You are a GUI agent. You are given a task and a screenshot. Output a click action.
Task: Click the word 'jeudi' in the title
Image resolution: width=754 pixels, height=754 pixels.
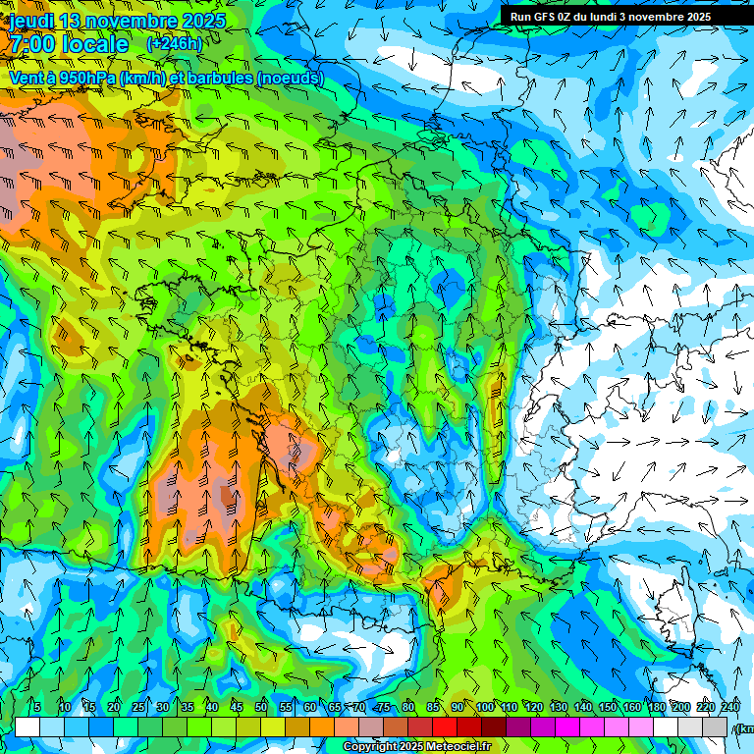tap(31, 21)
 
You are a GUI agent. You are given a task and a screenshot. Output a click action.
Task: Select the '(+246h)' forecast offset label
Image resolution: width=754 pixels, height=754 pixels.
tap(174, 44)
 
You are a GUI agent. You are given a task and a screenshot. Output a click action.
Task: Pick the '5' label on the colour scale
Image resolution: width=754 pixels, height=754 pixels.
tap(37, 707)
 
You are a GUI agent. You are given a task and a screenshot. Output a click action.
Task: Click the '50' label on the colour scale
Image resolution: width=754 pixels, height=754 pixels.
tap(261, 707)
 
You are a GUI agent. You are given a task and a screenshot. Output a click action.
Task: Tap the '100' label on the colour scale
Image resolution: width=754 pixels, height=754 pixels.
tap(485, 707)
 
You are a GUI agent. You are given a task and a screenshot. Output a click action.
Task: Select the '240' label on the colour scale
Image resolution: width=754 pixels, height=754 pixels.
tap(730, 707)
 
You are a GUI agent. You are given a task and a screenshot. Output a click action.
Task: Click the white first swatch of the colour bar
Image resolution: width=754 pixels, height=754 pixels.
tap(27, 727)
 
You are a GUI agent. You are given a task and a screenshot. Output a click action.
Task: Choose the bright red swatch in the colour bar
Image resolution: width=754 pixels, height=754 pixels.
tap(445, 727)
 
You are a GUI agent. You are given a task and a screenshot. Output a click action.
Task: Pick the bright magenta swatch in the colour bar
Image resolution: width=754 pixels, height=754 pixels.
tap(567, 727)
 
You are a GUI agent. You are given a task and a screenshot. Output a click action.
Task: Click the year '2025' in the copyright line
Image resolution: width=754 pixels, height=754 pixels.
tap(409, 747)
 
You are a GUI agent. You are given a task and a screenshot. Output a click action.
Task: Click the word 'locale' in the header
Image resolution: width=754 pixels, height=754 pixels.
tap(93, 44)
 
